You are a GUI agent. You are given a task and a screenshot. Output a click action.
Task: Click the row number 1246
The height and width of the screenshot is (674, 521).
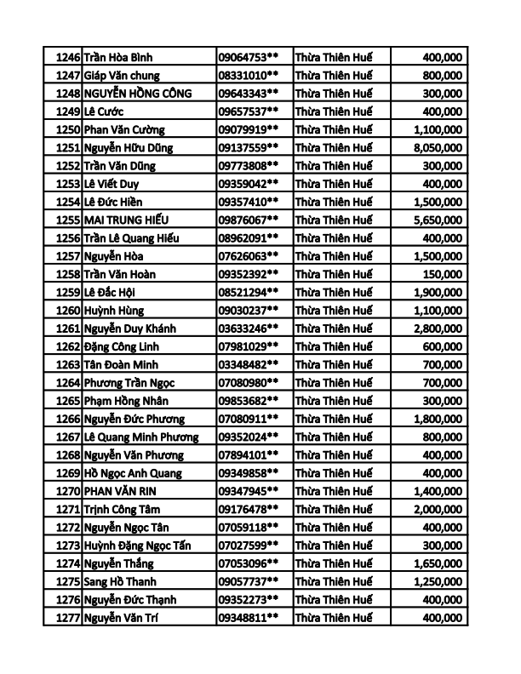pyautogui.click(x=67, y=57)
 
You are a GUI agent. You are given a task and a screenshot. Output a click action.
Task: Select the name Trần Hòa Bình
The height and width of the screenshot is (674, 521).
pyautogui.click(x=119, y=57)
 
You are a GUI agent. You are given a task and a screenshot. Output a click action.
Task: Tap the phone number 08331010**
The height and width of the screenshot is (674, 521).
pyautogui.click(x=249, y=75)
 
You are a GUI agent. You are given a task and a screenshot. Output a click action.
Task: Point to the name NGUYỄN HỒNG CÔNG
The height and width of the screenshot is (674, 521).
pyautogui.click(x=138, y=93)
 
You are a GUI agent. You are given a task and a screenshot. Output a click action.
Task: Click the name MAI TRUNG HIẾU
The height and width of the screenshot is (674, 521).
pyautogui.click(x=126, y=220)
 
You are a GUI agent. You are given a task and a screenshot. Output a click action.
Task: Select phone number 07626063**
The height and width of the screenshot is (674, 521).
pyautogui.click(x=249, y=256)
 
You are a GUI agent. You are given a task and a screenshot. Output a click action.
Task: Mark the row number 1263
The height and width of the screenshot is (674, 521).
pyautogui.click(x=67, y=364)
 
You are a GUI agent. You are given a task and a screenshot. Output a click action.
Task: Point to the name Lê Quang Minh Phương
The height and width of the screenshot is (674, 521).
pyautogui.click(x=141, y=437)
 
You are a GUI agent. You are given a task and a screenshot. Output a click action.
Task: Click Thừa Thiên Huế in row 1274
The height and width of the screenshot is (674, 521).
pyautogui.click(x=334, y=563)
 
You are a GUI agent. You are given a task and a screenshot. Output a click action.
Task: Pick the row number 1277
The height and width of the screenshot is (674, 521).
pyautogui.click(x=67, y=618)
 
